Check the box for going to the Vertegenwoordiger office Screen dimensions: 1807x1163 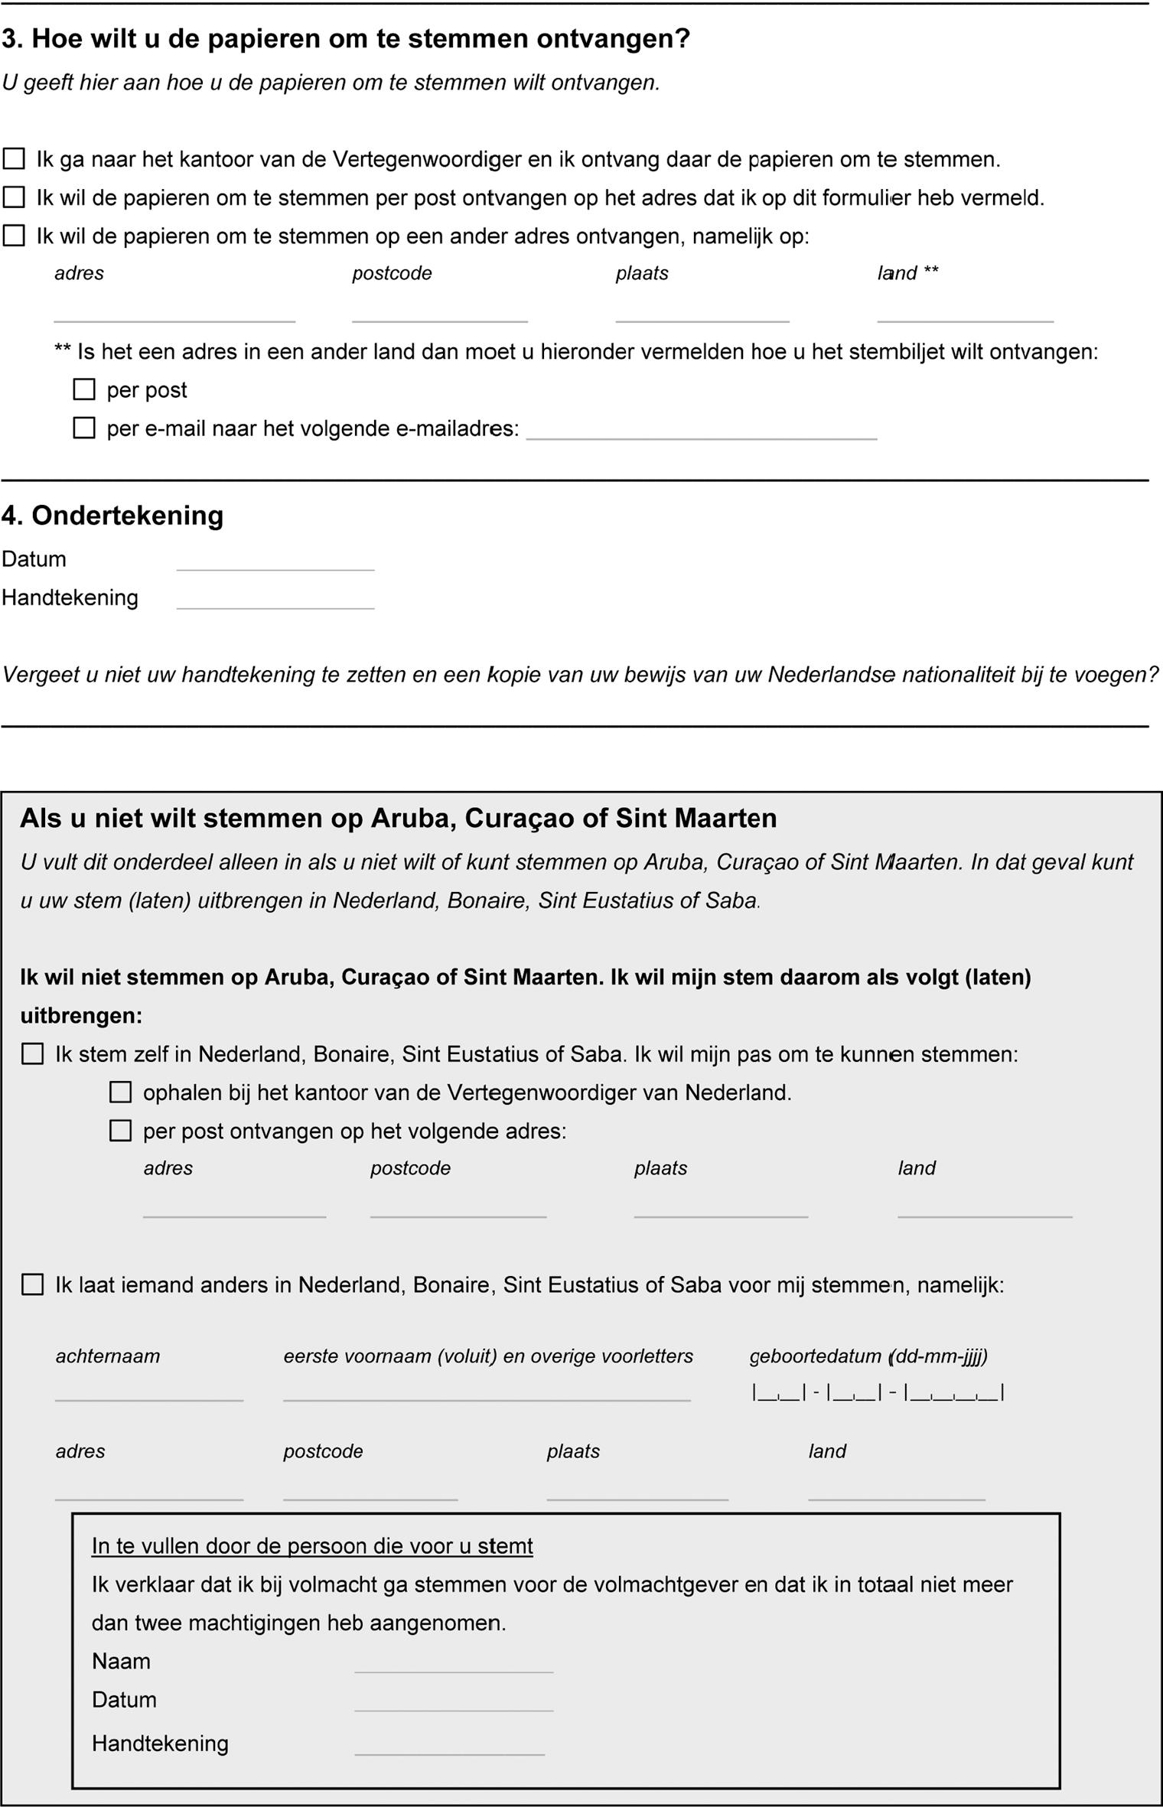point(14,159)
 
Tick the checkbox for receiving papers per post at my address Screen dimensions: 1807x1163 point(14,197)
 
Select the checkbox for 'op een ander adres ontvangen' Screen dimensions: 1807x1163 point(14,236)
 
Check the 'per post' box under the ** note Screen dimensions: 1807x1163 point(84,389)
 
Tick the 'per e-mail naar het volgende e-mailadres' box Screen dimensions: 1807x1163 point(84,428)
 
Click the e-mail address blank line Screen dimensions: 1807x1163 point(701,433)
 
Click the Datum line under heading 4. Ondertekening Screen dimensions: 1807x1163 point(275,564)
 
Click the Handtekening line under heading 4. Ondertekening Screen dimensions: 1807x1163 point(275,602)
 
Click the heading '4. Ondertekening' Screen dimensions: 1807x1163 point(112,516)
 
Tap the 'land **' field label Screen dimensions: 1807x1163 point(907,273)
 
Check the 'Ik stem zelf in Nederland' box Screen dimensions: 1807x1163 point(32,1054)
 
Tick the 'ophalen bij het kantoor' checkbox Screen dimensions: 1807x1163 point(120,1092)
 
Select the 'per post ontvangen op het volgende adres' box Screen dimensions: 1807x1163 point(120,1131)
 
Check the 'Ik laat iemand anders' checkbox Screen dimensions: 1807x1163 point(32,1284)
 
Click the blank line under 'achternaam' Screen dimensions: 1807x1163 point(149,1394)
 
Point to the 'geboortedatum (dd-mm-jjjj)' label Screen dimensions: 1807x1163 point(868,1356)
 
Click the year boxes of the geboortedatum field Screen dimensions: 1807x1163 point(954,1393)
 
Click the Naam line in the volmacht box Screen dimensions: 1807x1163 point(453,1666)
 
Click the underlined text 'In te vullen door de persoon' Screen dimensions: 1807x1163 point(312,1546)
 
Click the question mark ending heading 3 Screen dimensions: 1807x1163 point(682,38)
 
